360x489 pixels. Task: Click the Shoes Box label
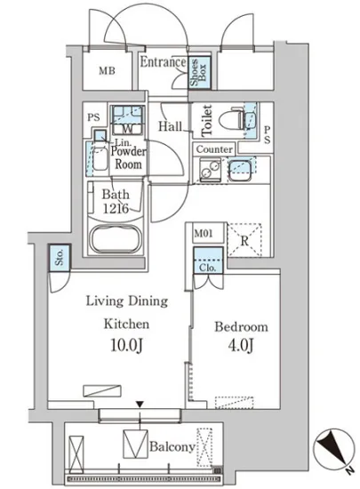pyautogui.click(x=198, y=72)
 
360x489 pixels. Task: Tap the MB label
pyautogui.click(x=107, y=71)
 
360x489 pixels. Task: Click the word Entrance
pyautogui.click(x=163, y=61)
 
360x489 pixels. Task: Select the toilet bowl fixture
pyautogui.click(x=231, y=119)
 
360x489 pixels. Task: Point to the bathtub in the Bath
pyautogui.click(x=116, y=238)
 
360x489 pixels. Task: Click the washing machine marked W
pyautogui.click(x=127, y=120)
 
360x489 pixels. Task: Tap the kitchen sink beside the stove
pyautogui.click(x=240, y=171)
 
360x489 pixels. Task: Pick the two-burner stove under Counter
pyautogui.click(x=210, y=170)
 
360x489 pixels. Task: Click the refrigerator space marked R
pyautogui.click(x=244, y=240)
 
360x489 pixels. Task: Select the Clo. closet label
pyautogui.click(x=208, y=268)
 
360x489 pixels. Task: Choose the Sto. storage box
pyautogui.click(x=60, y=257)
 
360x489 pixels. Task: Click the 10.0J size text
pyautogui.click(x=127, y=346)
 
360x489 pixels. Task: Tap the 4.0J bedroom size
pyautogui.click(x=240, y=346)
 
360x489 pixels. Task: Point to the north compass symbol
pyautogui.click(x=334, y=448)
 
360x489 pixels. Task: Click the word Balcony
pyautogui.click(x=172, y=447)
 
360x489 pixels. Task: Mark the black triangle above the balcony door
pyautogui.click(x=140, y=405)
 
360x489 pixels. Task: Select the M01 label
pyautogui.click(x=204, y=233)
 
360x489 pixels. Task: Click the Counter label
pyautogui.click(x=214, y=149)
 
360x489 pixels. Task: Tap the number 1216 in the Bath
pyautogui.click(x=116, y=208)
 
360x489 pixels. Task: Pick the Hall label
pyautogui.click(x=170, y=126)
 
